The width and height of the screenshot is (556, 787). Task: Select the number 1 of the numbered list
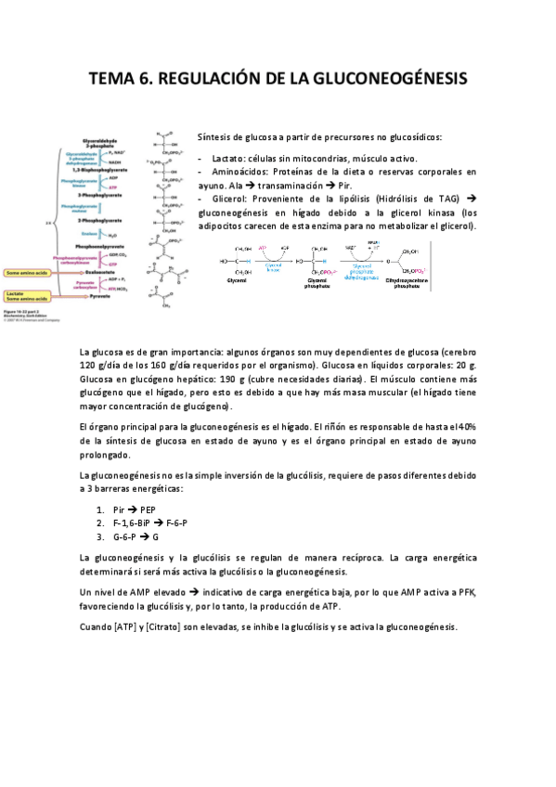tap(99, 510)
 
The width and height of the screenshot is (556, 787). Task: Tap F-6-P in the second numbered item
tap(175, 523)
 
